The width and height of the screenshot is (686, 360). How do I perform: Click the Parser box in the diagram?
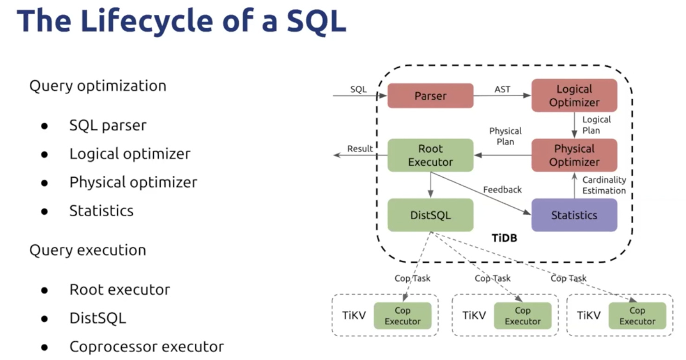tap(430, 96)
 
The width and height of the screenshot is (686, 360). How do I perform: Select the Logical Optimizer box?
tap(574, 96)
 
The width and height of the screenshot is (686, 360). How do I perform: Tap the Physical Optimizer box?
tap(574, 155)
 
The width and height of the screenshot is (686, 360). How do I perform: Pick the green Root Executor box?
tap(430, 155)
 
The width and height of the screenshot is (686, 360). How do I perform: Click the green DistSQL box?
tap(430, 215)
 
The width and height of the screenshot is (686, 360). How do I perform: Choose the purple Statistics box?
tap(574, 215)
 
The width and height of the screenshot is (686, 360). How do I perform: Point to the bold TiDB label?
tap(505, 238)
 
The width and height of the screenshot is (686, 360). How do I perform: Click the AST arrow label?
tap(502, 89)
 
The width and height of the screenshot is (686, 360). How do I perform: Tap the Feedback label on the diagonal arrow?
tap(502, 190)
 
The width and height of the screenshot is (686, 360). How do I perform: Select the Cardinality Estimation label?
tap(604, 185)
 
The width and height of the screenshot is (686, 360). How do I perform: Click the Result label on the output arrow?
tap(360, 149)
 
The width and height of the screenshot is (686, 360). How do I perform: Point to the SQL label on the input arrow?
tap(358, 90)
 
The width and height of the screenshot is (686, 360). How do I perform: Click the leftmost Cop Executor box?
tap(402, 316)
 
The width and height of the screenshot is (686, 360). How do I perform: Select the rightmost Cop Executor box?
tap(637, 316)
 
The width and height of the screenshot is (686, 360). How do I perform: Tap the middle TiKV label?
tap(474, 315)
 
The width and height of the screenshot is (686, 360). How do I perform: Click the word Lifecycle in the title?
tap(147, 21)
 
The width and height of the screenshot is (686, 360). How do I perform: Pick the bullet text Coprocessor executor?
tap(147, 347)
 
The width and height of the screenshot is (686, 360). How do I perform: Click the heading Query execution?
tap(88, 250)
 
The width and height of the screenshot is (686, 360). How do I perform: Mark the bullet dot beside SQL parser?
tap(45, 126)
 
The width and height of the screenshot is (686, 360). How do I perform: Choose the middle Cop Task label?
tap(492, 278)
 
